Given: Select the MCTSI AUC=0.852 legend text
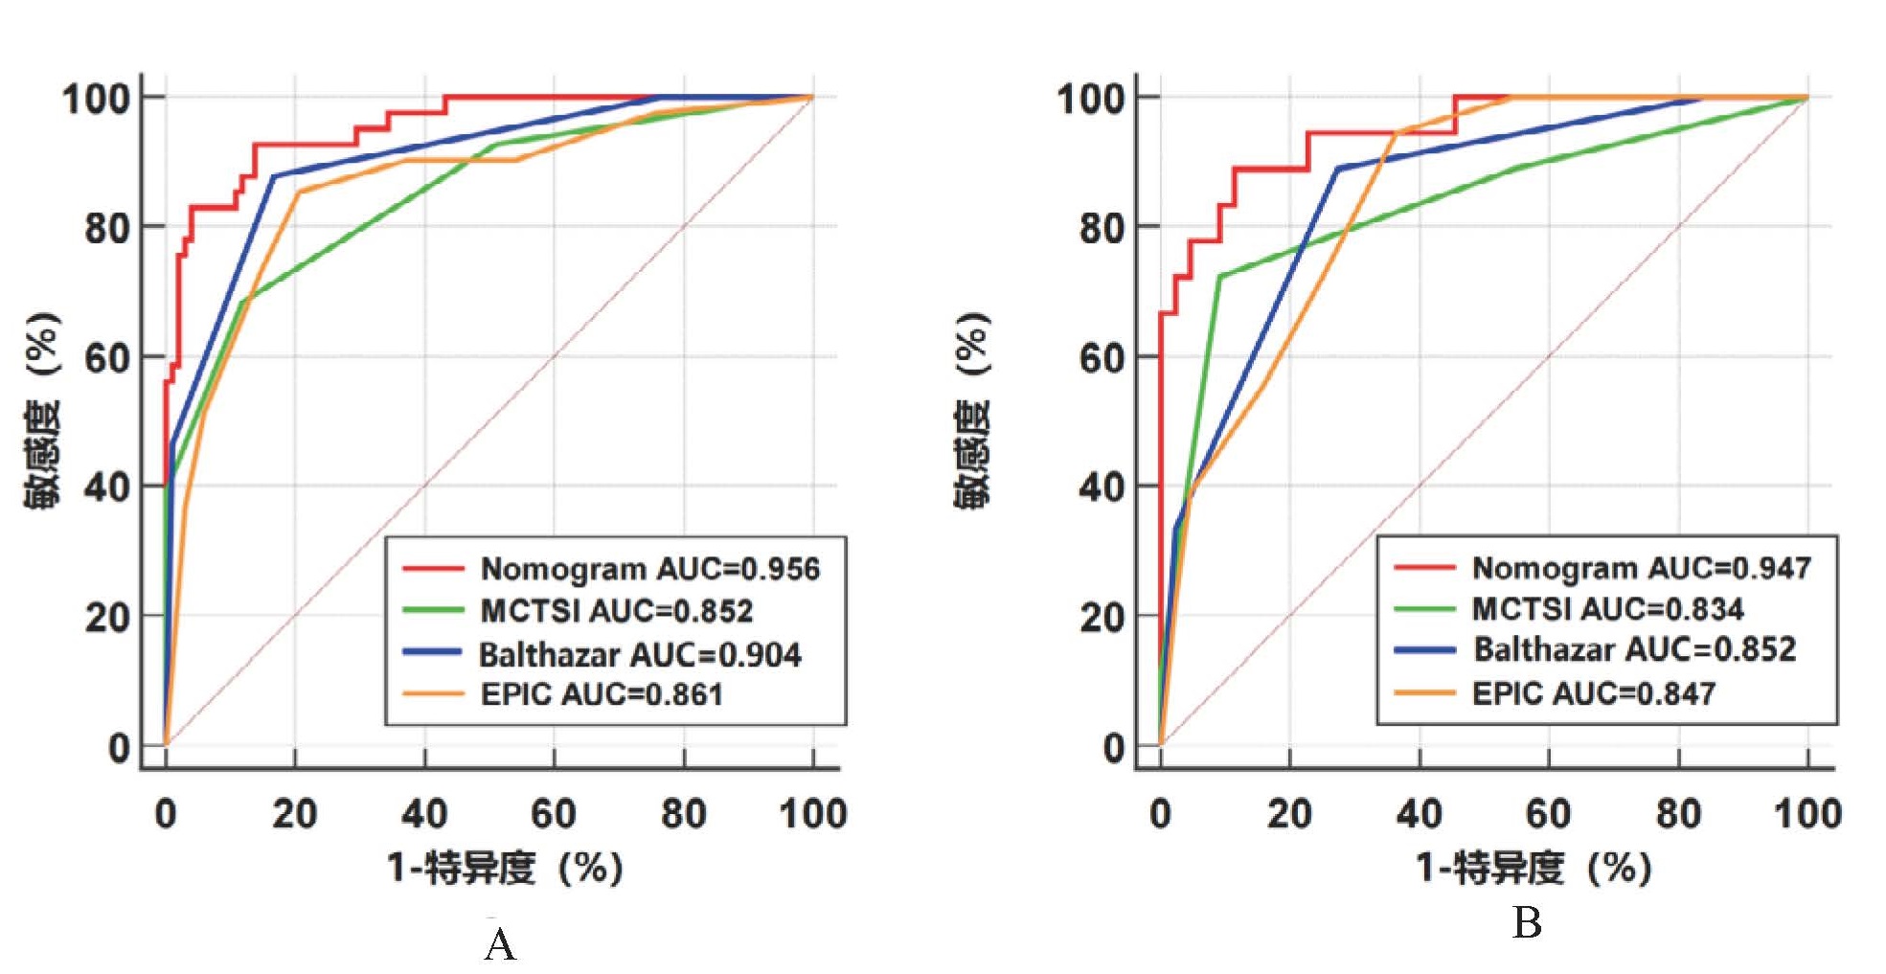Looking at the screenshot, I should [616, 611].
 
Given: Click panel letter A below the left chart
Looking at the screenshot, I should [500, 945].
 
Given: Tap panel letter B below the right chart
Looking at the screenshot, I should [1527, 923].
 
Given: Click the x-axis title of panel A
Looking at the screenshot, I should [505, 869].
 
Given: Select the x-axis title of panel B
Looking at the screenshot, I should [1534, 869].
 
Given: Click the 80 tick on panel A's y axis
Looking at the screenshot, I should [107, 228].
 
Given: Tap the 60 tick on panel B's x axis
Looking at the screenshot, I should [1549, 814].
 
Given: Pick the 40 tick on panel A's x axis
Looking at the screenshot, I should [424, 814].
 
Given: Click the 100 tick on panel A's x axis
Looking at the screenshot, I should [813, 814].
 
